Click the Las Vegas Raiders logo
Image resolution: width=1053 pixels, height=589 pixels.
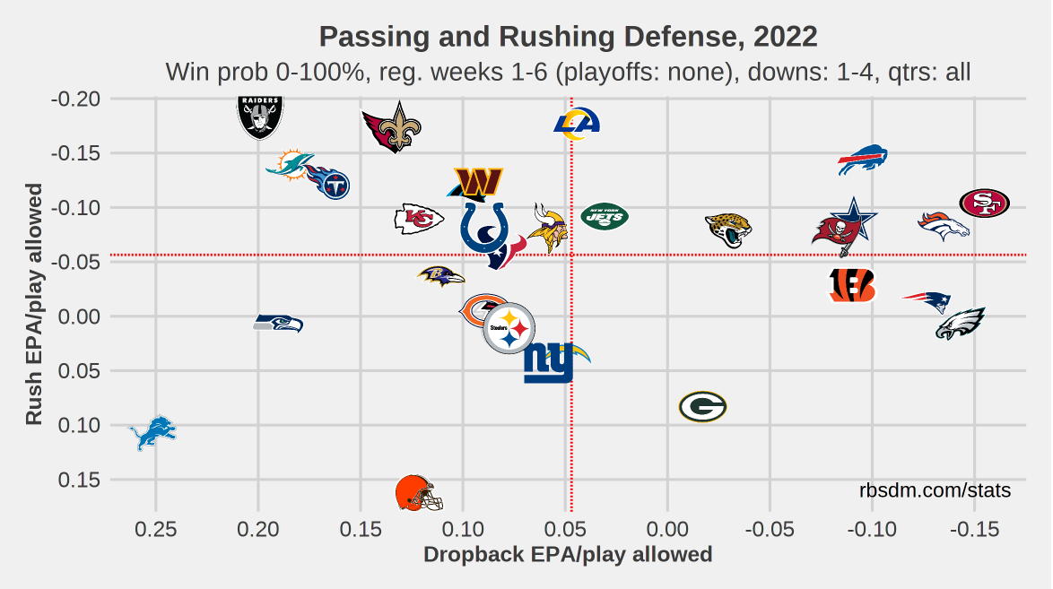pyautogui.click(x=260, y=117)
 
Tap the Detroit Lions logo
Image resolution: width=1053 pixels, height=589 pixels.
pyautogui.click(x=152, y=433)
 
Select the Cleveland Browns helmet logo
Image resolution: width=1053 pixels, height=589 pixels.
pyautogui.click(x=419, y=494)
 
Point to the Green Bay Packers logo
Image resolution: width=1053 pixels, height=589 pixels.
pyautogui.click(x=702, y=407)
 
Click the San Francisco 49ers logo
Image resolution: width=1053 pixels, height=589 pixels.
pyautogui.click(x=984, y=204)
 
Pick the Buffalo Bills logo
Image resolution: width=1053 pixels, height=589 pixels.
pyautogui.click(x=863, y=160)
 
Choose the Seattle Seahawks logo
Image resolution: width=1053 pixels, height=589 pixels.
pyautogui.click(x=278, y=324)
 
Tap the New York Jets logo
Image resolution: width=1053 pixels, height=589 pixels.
pyautogui.click(x=605, y=216)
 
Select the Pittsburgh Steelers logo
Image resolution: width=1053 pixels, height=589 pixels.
pyautogui.click(x=509, y=329)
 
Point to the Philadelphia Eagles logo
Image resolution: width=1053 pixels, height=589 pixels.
pyautogui.click(x=961, y=324)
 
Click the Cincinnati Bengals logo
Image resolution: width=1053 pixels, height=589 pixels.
pyautogui.click(x=851, y=285)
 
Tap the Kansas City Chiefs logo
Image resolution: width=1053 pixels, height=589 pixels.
pyautogui.click(x=419, y=219)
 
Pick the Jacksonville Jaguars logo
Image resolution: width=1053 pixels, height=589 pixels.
pyautogui.click(x=727, y=230)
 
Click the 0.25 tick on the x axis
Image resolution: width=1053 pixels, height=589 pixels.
pyautogui.click(x=156, y=528)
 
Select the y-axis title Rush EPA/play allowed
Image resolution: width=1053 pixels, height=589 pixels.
pyautogui.click(x=34, y=305)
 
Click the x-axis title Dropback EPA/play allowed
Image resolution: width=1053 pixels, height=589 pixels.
pyautogui.click(x=567, y=555)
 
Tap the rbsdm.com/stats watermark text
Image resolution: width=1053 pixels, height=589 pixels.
pyautogui.click(x=935, y=491)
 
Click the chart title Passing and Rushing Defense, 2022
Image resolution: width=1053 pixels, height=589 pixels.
pyautogui.click(x=568, y=37)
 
